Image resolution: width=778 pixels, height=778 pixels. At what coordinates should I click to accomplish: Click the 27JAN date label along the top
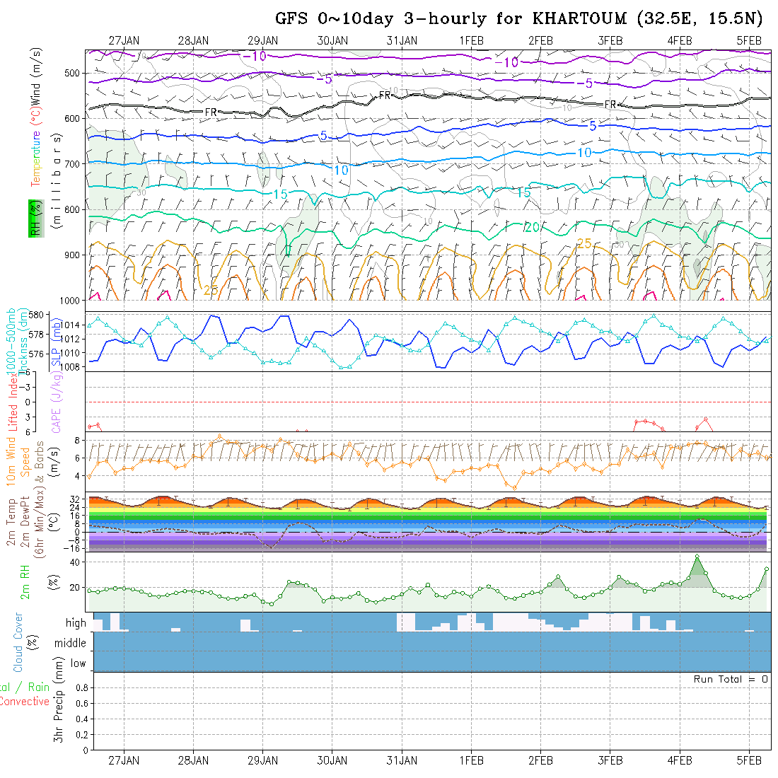coord(124,40)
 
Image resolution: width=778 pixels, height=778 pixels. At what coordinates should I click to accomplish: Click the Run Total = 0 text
coord(731,679)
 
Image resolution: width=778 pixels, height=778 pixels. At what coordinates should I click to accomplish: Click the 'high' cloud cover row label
coord(76,623)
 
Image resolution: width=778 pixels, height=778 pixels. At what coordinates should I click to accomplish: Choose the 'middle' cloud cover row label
coord(71,643)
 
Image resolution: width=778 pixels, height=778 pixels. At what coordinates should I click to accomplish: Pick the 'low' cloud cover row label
coord(78,663)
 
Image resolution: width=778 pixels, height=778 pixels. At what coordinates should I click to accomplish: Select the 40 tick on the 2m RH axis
coord(73,562)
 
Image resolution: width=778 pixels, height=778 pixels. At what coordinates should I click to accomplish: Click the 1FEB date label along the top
coord(471,40)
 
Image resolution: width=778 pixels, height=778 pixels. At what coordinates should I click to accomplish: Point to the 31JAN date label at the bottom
coord(402,760)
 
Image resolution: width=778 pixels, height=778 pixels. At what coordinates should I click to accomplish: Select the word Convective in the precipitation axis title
coord(24,702)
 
